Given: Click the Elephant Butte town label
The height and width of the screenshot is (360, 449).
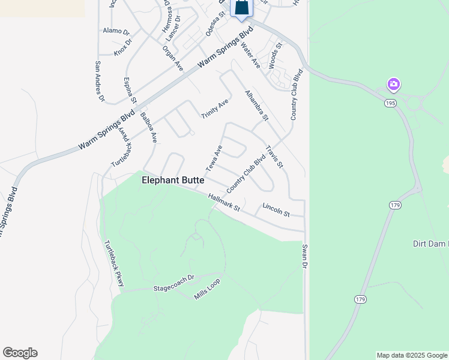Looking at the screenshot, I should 173,180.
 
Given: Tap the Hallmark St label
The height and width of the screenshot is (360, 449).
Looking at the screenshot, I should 224,203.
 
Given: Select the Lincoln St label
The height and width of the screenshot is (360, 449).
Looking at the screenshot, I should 276,210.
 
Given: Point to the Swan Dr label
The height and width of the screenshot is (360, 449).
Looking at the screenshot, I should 304,256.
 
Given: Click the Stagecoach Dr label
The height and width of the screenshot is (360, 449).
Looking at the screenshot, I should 174,283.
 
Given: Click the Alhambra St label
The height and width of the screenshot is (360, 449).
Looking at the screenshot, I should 256,104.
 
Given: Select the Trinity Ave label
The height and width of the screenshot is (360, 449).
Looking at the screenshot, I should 214,109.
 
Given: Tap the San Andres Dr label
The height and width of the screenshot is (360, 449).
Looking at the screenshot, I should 99,81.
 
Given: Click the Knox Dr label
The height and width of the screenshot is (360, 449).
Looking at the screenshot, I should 122,46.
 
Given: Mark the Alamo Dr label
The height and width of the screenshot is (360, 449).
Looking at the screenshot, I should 116,31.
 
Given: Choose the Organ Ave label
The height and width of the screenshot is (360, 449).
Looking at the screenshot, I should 173,58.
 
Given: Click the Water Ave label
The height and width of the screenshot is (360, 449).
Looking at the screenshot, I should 250,55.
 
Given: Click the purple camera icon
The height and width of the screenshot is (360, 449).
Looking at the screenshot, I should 394,84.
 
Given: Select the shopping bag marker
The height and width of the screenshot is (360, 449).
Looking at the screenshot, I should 241,7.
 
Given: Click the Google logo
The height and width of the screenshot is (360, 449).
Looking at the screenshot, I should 20,353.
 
